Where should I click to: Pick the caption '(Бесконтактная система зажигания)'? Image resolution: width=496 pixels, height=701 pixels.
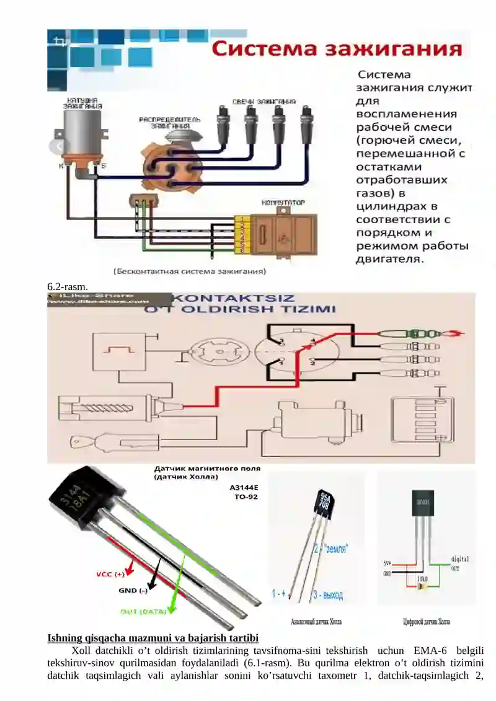(190, 271)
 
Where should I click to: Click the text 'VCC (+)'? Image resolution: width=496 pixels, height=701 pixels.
(110, 574)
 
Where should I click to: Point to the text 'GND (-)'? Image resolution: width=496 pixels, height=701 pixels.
(133, 591)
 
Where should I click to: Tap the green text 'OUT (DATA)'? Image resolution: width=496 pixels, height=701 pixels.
(143, 612)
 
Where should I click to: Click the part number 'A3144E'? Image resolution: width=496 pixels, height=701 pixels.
(244, 487)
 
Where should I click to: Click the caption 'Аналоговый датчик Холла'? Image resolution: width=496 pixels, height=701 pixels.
(316, 621)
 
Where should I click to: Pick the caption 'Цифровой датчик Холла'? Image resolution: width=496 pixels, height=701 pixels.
(427, 621)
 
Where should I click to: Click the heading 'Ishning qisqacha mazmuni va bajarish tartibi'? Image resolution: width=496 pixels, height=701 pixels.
(153, 638)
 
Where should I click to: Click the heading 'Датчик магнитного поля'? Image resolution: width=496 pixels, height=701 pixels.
(207, 469)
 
